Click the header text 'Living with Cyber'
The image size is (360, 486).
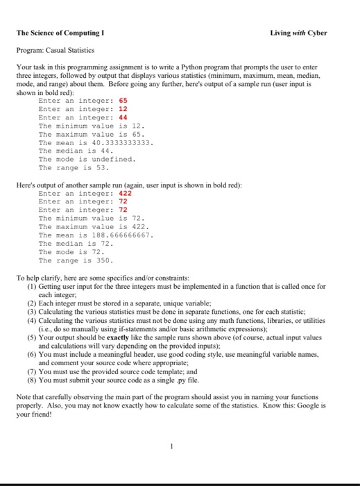pyautogui.click(x=299, y=33)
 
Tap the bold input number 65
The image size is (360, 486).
pyautogui.click(x=123, y=101)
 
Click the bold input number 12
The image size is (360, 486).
pyautogui.click(x=123, y=109)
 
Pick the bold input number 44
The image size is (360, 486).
pyautogui.click(x=123, y=117)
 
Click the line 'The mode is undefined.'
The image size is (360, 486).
pyautogui.click(x=87, y=159)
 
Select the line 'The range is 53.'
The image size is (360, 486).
pyautogui.click(x=74, y=167)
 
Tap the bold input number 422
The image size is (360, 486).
pyautogui.click(x=126, y=194)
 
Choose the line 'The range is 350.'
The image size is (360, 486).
pyautogui.click(x=76, y=260)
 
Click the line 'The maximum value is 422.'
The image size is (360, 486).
pyautogui.click(x=94, y=227)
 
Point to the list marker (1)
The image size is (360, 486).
pyautogui.click(x=31, y=287)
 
